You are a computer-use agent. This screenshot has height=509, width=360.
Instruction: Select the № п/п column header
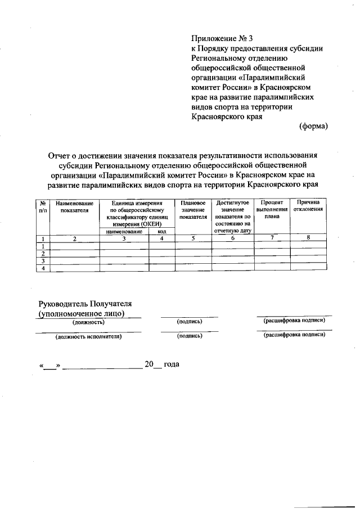coord(42,206)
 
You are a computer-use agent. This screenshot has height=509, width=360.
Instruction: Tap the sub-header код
coord(161,231)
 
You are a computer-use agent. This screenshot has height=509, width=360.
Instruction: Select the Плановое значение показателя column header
coord(193,209)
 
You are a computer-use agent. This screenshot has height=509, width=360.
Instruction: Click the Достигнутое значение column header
coord(232,216)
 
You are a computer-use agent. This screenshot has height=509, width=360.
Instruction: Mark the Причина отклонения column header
coord(308,206)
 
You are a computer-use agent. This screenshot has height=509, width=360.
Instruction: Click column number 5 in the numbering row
coord(193,238)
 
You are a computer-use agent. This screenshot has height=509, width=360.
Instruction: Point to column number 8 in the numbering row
coord(308,238)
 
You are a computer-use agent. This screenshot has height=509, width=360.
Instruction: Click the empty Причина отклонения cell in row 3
coord(308,262)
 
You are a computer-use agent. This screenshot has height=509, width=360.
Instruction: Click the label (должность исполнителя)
coord(88,337)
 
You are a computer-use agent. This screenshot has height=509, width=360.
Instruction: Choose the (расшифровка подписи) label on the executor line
coord(294,336)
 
